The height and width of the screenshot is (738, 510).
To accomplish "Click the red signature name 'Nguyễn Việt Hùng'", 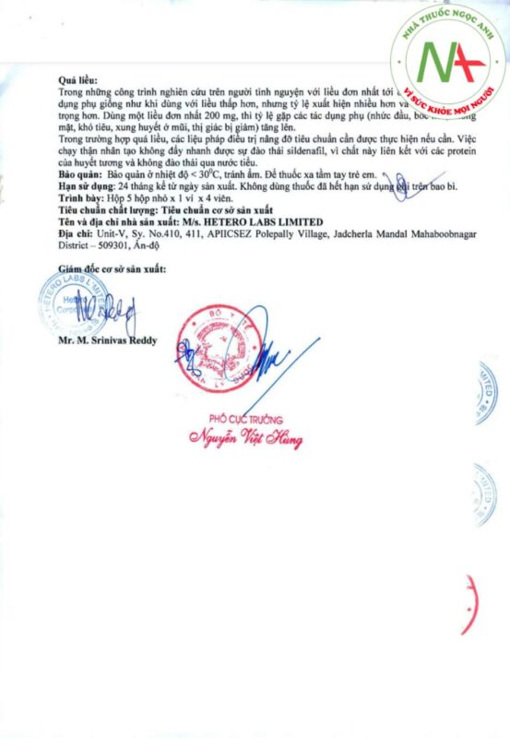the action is click(245, 438).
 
